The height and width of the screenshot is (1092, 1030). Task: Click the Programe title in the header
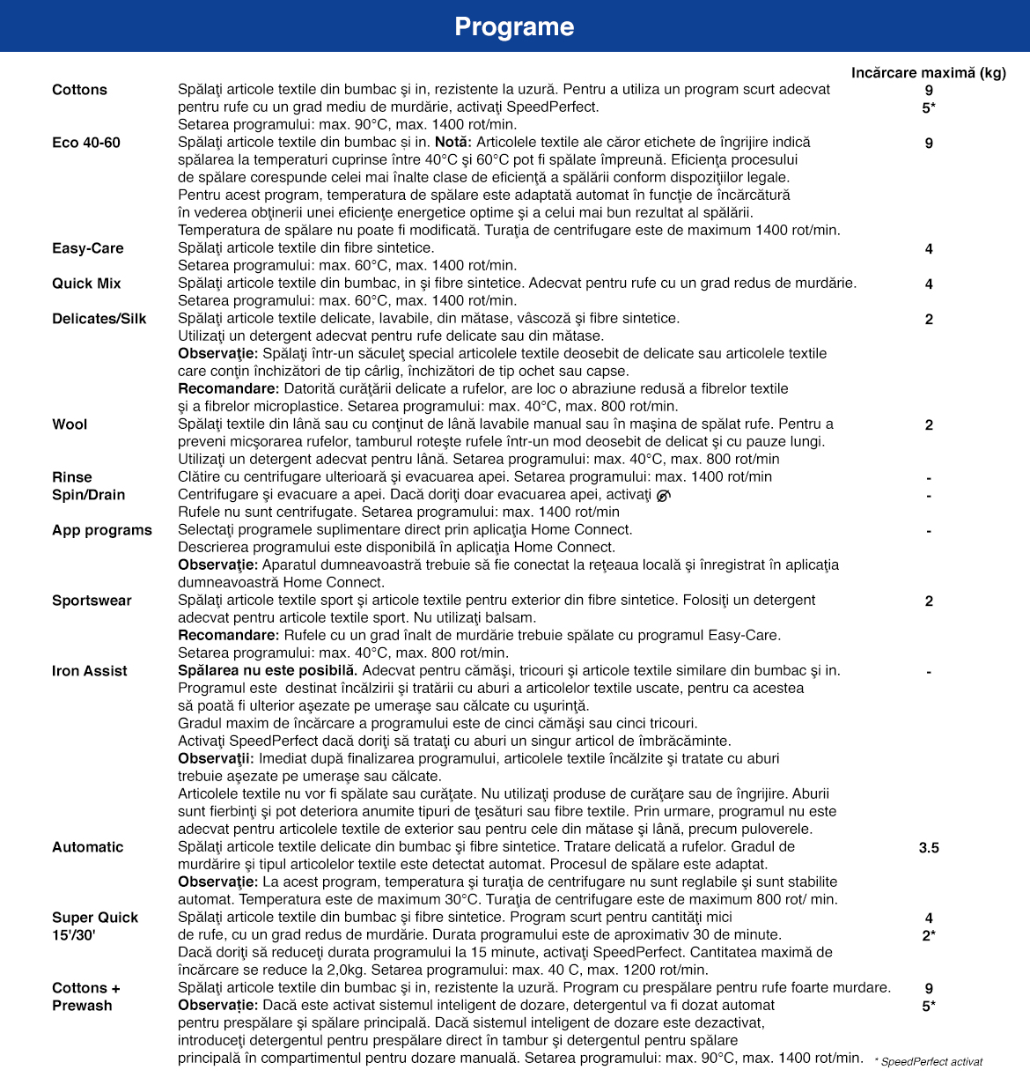pos(514,26)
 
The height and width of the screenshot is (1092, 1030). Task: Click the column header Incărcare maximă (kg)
pos(928,72)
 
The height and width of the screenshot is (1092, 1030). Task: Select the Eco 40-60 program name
pos(86,143)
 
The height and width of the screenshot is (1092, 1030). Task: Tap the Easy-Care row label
pos(88,248)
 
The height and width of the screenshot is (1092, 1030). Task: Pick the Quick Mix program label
pos(86,284)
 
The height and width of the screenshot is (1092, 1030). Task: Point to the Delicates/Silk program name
pos(99,319)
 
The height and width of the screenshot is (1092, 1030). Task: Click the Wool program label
pos(70,424)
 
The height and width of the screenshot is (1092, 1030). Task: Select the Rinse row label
pos(72,477)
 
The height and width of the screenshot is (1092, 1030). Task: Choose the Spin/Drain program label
pos(89,495)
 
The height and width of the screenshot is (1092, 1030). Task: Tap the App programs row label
pos(102,530)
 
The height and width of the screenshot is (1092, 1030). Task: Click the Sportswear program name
pos(92,601)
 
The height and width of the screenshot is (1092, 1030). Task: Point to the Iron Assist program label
pos(90,671)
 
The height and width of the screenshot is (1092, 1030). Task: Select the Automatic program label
pos(88,847)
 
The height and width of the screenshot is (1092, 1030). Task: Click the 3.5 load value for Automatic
pos(929,848)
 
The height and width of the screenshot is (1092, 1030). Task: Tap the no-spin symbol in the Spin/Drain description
pos(663,496)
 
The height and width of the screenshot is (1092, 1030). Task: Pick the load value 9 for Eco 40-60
pos(929,144)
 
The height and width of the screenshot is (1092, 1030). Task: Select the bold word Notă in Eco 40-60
pos(452,143)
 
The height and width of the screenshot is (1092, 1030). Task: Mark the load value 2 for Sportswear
pos(929,601)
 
